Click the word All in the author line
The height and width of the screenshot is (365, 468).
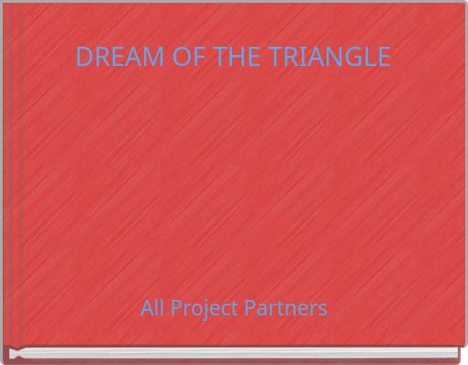point(152,307)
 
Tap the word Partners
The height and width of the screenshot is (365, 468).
point(289,307)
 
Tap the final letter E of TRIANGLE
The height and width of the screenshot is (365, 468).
point(384,57)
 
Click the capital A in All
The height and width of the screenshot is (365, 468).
point(147,307)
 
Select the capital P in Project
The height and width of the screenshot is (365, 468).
point(174,307)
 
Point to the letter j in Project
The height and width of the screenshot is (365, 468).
point(205,309)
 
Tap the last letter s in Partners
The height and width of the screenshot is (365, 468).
point(322,309)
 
